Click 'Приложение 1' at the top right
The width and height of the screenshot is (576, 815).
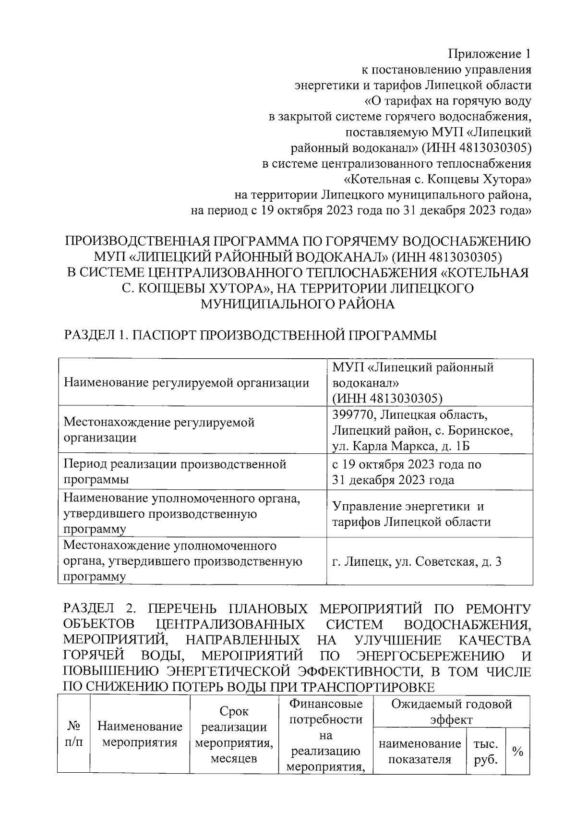490,53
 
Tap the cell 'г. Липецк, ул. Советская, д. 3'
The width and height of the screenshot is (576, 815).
417,561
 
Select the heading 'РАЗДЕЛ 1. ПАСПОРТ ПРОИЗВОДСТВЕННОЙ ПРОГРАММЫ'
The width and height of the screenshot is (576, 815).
250,335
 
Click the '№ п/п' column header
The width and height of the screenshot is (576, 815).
73,733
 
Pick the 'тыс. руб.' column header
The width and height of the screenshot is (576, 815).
486,752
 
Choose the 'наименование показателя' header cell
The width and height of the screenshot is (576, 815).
420,752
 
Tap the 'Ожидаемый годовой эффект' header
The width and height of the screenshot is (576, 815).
451,712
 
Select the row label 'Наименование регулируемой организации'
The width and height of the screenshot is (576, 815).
186,383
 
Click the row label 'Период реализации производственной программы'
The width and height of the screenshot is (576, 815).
175,472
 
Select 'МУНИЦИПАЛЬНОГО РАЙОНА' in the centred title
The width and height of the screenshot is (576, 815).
298,304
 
